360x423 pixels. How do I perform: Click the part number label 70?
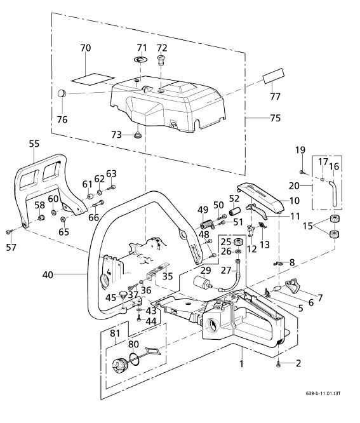(86, 48)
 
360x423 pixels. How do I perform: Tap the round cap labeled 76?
(62, 93)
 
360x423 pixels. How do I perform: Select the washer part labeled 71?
(141, 60)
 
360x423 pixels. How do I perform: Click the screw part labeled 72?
(161, 61)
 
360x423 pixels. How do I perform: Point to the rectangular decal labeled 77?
(275, 77)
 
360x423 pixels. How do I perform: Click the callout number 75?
(257, 118)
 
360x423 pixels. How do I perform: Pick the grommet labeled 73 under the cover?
(137, 135)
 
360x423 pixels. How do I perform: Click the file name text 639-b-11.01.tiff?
(324, 393)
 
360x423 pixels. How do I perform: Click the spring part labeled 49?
(204, 224)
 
